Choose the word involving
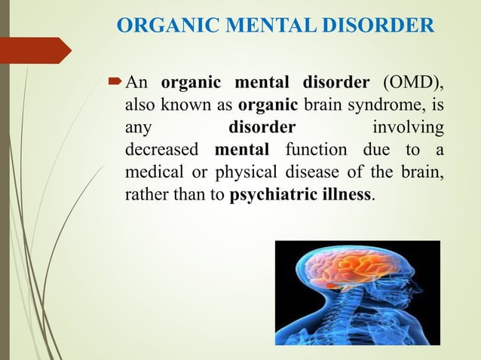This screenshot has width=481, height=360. point(408,126)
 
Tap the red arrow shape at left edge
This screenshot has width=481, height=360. point(34,50)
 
